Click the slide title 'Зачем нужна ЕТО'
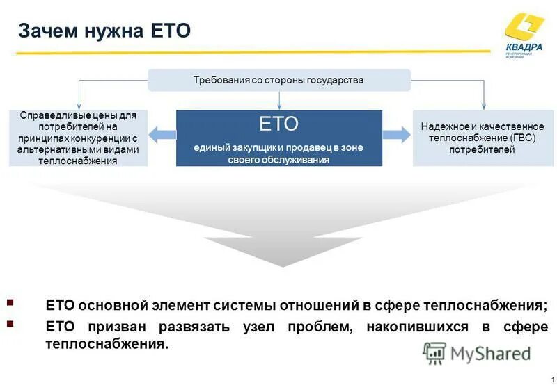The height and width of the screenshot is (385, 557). [x=104, y=31]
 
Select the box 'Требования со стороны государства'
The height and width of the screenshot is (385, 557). [x=278, y=81]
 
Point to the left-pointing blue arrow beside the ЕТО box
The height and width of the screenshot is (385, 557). [x=162, y=136]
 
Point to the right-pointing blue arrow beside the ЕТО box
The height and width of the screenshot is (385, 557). [x=397, y=136]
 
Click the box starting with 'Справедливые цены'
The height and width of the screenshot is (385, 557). [x=78, y=138]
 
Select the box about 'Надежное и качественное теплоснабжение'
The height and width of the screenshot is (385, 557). [x=482, y=138]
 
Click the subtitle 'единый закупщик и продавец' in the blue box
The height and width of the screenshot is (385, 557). [x=278, y=148]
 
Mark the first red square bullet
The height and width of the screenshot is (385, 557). [x=10, y=303]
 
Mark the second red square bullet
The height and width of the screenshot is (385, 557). [x=10, y=323]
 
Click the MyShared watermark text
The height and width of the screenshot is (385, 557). [x=490, y=354]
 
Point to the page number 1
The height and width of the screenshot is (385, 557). [x=551, y=378]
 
